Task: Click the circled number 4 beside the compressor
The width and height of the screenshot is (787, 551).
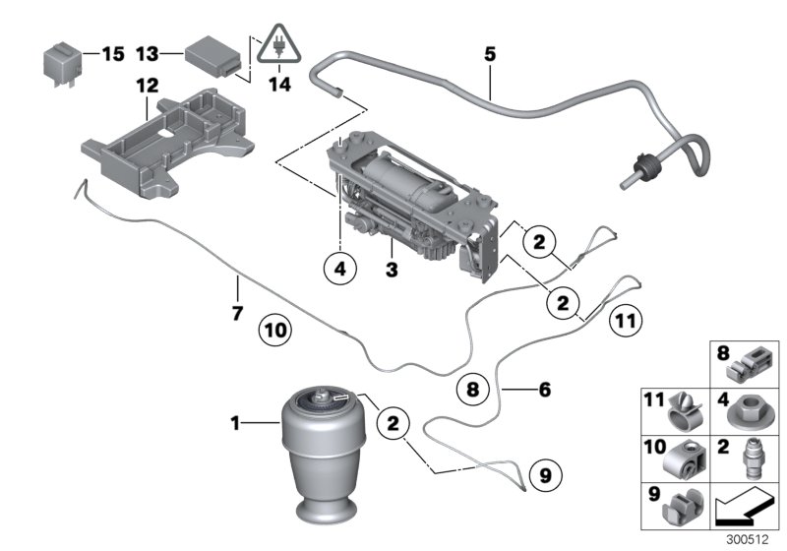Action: [337, 268]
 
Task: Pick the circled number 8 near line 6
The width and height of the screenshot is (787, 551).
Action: [472, 389]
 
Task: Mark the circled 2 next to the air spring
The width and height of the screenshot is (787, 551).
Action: [393, 424]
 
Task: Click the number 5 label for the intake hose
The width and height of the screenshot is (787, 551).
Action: [489, 53]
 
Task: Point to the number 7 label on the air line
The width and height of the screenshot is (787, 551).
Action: [236, 288]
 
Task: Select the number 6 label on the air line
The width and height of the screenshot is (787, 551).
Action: [543, 389]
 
